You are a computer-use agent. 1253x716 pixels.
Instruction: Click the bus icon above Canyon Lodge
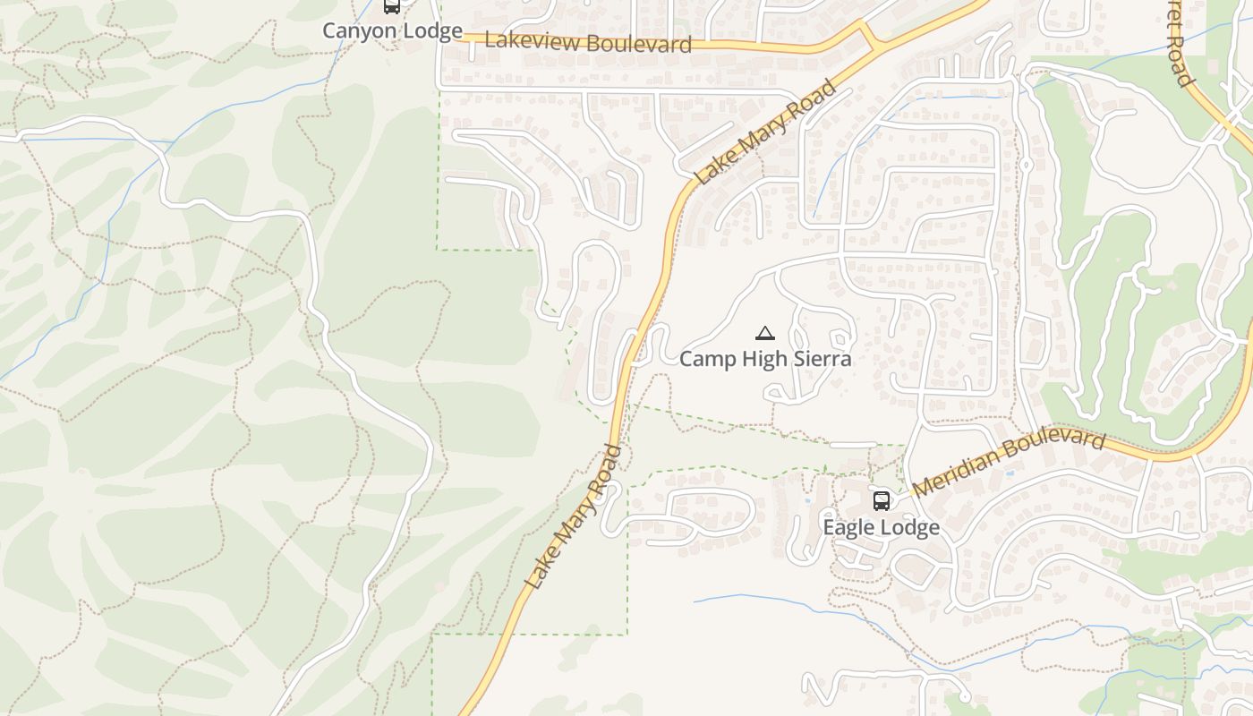click(x=391, y=6)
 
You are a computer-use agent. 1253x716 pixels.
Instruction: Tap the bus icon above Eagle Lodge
click(x=882, y=500)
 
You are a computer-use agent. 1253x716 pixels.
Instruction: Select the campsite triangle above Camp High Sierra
click(x=764, y=334)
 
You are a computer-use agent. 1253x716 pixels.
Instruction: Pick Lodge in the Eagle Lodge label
click(x=910, y=527)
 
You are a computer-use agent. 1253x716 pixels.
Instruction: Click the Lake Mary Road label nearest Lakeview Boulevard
click(x=766, y=132)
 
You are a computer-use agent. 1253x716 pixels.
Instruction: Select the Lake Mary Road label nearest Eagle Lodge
click(x=573, y=517)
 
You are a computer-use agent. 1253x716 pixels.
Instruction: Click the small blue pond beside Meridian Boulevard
click(x=1009, y=469)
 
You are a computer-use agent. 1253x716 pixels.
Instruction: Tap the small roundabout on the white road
click(x=1027, y=165)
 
